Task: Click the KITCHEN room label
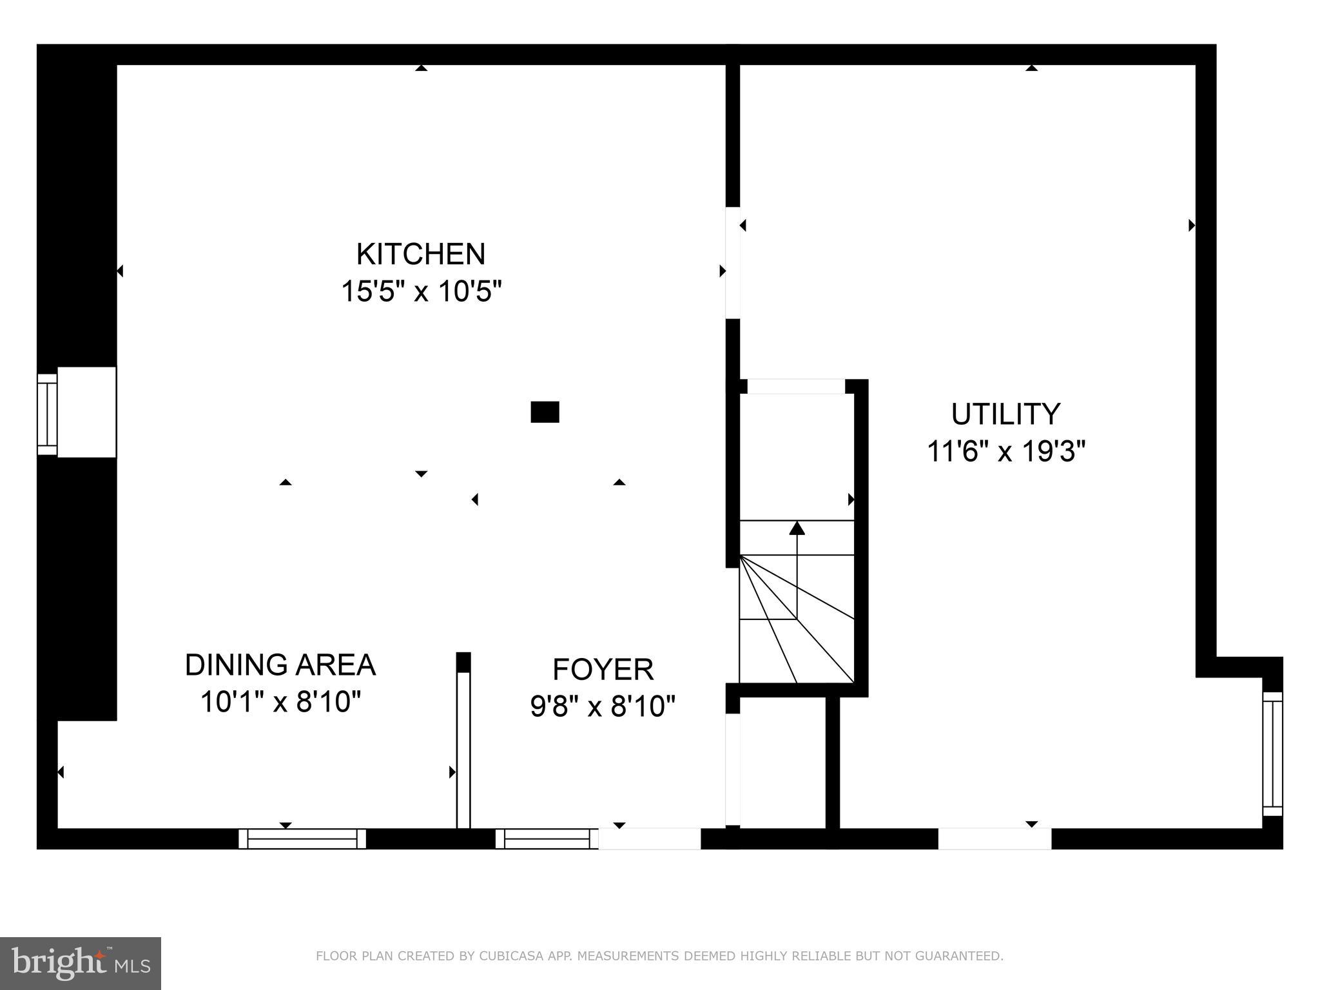pyautogui.click(x=420, y=254)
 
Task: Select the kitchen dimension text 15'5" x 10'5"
pyautogui.click(x=420, y=291)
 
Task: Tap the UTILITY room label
pyautogui.click(x=1005, y=414)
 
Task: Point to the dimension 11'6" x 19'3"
pyautogui.click(x=1005, y=451)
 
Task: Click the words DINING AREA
pyautogui.click(x=280, y=665)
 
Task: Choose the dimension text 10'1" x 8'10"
pyautogui.click(x=280, y=702)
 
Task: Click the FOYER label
pyautogui.click(x=603, y=670)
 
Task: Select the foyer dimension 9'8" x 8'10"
pyautogui.click(x=603, y=706)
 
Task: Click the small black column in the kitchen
pyautogui.click(x=545, y=412)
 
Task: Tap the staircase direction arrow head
pyautogui.click(x=797, y=528)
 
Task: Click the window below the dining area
pyautogui.click(x=302, y=839)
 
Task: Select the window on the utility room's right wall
pyautogui.click(x=1272, y=753)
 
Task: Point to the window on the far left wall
pyautogui.click(x=48, y=414)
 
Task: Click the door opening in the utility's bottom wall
pyautogui.click(x=994, y=839)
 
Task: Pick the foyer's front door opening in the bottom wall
pyautogui.click(x=649, y=839)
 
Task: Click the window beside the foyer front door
pyautogui.click(x=547, y=839)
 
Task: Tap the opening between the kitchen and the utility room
pyautogui.click(x=733, y=262)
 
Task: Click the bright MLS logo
pyautogui.click(x=80, y=963)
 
